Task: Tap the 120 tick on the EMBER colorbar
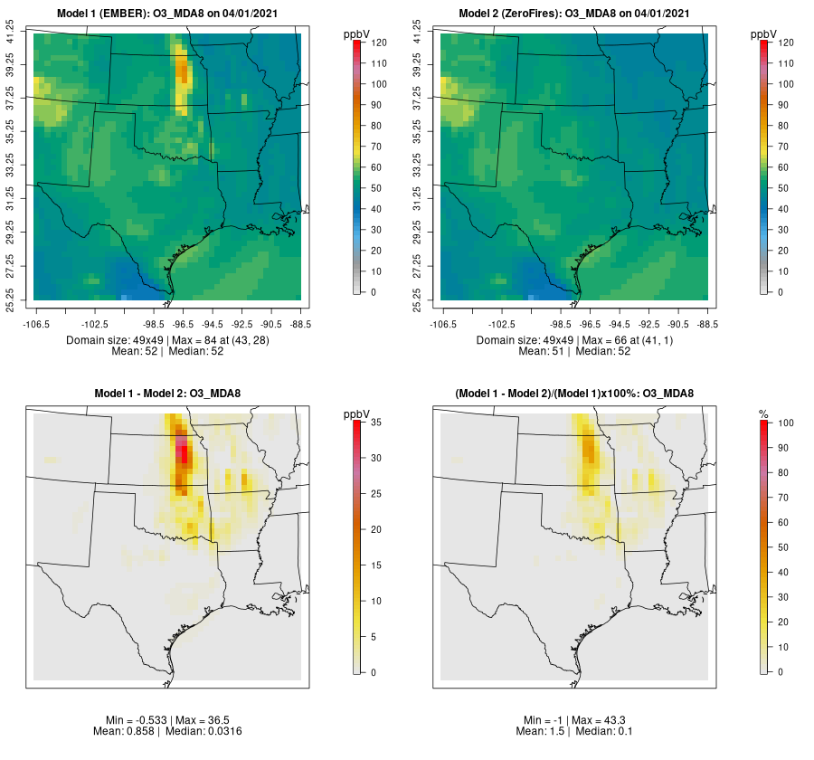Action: [379, 43]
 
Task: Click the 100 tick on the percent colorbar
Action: [785, 423]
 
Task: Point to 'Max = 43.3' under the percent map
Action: [601, 719]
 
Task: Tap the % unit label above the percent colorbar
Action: [763, 413]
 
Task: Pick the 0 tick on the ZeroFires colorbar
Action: [782, 292]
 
